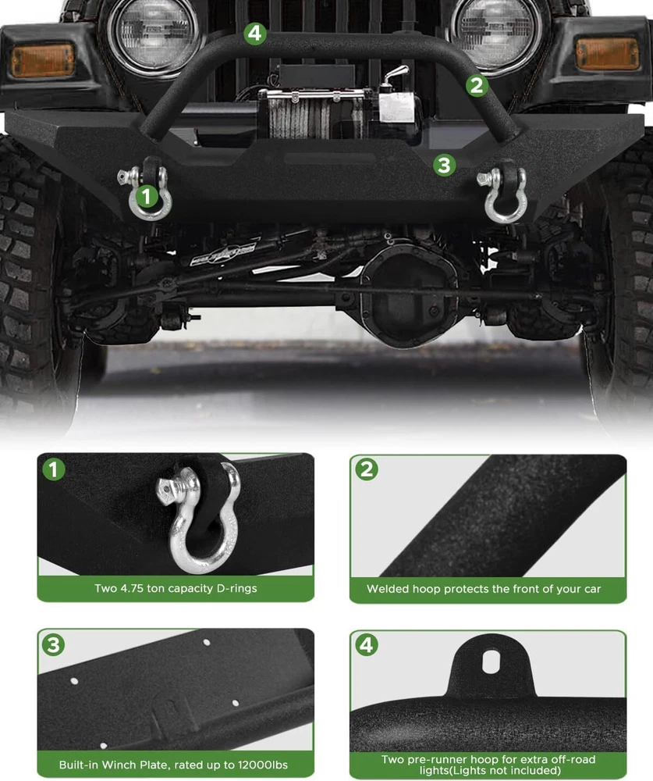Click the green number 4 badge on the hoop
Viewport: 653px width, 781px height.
(255, 34)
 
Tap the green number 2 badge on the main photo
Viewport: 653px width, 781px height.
(477, 85)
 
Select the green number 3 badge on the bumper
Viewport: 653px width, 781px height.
(444, 165)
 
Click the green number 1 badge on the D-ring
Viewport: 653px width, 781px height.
(147, 196)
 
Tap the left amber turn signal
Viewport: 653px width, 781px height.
(43, 60)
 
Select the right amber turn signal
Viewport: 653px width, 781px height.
(607, 54)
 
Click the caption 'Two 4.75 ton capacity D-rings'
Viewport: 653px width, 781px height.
(176, 588)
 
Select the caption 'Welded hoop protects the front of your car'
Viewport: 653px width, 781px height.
(484, 589)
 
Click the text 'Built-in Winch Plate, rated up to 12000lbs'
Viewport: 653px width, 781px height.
(173, 765)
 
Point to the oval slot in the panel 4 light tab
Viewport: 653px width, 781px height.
(491, 662)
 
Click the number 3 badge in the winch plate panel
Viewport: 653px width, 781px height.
(53, 644)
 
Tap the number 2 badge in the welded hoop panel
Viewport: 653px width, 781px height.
(367, 469)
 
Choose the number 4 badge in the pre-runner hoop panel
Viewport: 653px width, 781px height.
(367, 644)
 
